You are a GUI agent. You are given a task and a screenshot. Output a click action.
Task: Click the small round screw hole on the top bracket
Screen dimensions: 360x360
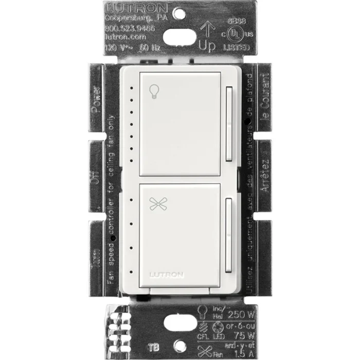click(x=179, y=11)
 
